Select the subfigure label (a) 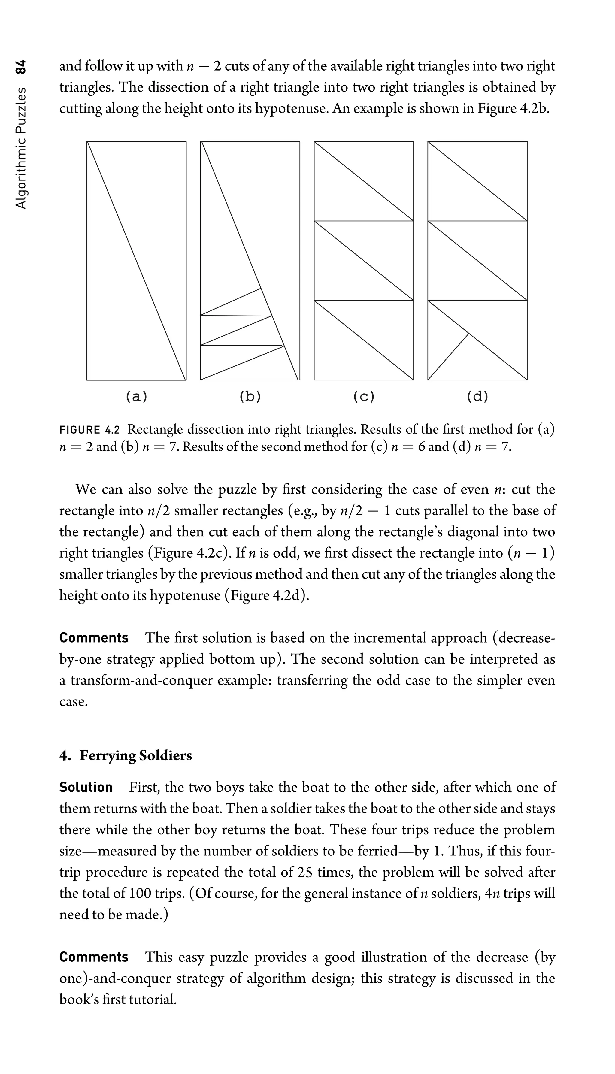coord(136,396)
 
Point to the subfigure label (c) coord(364,396)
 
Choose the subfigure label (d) coord(477,396)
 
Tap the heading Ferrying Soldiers coord(136,755)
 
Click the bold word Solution coord(86,787)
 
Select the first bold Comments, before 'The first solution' coord(94,637)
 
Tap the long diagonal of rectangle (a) coord(136,261)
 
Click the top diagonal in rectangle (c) coord(364,181)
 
